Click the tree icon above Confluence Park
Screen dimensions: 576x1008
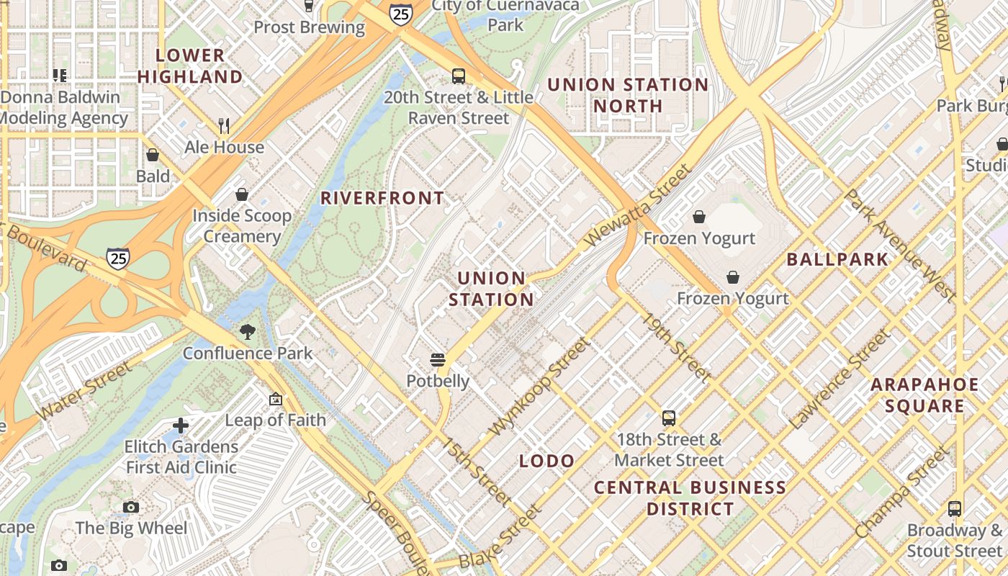point(248,332)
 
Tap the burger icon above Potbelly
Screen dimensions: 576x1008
point(437,359)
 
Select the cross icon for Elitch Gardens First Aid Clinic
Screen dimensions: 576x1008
point(181,426)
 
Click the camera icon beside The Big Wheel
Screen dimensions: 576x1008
point(130,507)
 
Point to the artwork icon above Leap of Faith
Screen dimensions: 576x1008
point(275,399)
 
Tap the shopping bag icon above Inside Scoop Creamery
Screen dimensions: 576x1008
point(242,194)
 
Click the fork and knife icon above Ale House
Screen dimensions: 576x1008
point(224,126)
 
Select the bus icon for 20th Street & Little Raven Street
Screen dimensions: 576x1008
point(459,76)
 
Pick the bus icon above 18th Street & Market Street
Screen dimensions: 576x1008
point(669,418)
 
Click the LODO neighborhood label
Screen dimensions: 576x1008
point(547,461)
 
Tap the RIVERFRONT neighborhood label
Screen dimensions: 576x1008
point(382,198)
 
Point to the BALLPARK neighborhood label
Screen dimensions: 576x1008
point(837,259)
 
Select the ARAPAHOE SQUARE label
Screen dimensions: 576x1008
point(924,395)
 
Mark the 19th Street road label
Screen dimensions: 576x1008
point(676,347)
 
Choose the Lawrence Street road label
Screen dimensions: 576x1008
point(840,379)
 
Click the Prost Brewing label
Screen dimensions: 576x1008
point(309,27)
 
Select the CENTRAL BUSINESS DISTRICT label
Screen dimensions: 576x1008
point(690,498)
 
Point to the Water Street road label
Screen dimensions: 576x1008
point(84,392)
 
